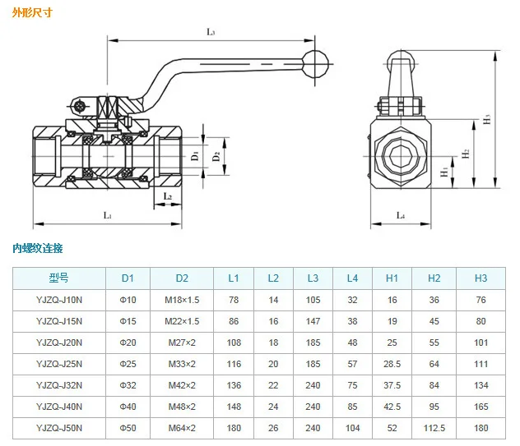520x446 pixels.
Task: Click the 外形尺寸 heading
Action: tap(32, 12)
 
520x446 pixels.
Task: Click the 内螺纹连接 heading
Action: tap(38, 248)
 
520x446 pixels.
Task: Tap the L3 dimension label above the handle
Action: tap(211, 32)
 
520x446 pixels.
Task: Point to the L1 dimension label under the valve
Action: tap(108, 215)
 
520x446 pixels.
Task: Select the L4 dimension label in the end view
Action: tap(401, 215)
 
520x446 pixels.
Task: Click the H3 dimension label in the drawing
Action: tap(486, 119)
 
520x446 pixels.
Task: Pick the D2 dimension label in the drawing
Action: tap(216, 156)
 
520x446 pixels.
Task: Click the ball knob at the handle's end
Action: tap(316, 64)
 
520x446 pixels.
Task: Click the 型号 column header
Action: tap(59, 278)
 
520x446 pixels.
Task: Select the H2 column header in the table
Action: tap(434, 278)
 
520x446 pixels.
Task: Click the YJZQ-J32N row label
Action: tap(59, 385)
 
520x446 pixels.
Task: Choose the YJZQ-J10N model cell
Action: tap(59, 300)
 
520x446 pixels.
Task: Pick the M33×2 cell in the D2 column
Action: tap(182, 364)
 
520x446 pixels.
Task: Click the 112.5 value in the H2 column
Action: tap(434, 428)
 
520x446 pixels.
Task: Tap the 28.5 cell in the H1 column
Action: tap(392, 364)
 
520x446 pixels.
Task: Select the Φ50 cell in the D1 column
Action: tap(128, 428)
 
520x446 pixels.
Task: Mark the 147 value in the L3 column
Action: tap(313, 321)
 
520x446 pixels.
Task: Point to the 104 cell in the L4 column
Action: tap(352, 428)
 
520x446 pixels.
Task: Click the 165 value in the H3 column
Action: tap(481, 407)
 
